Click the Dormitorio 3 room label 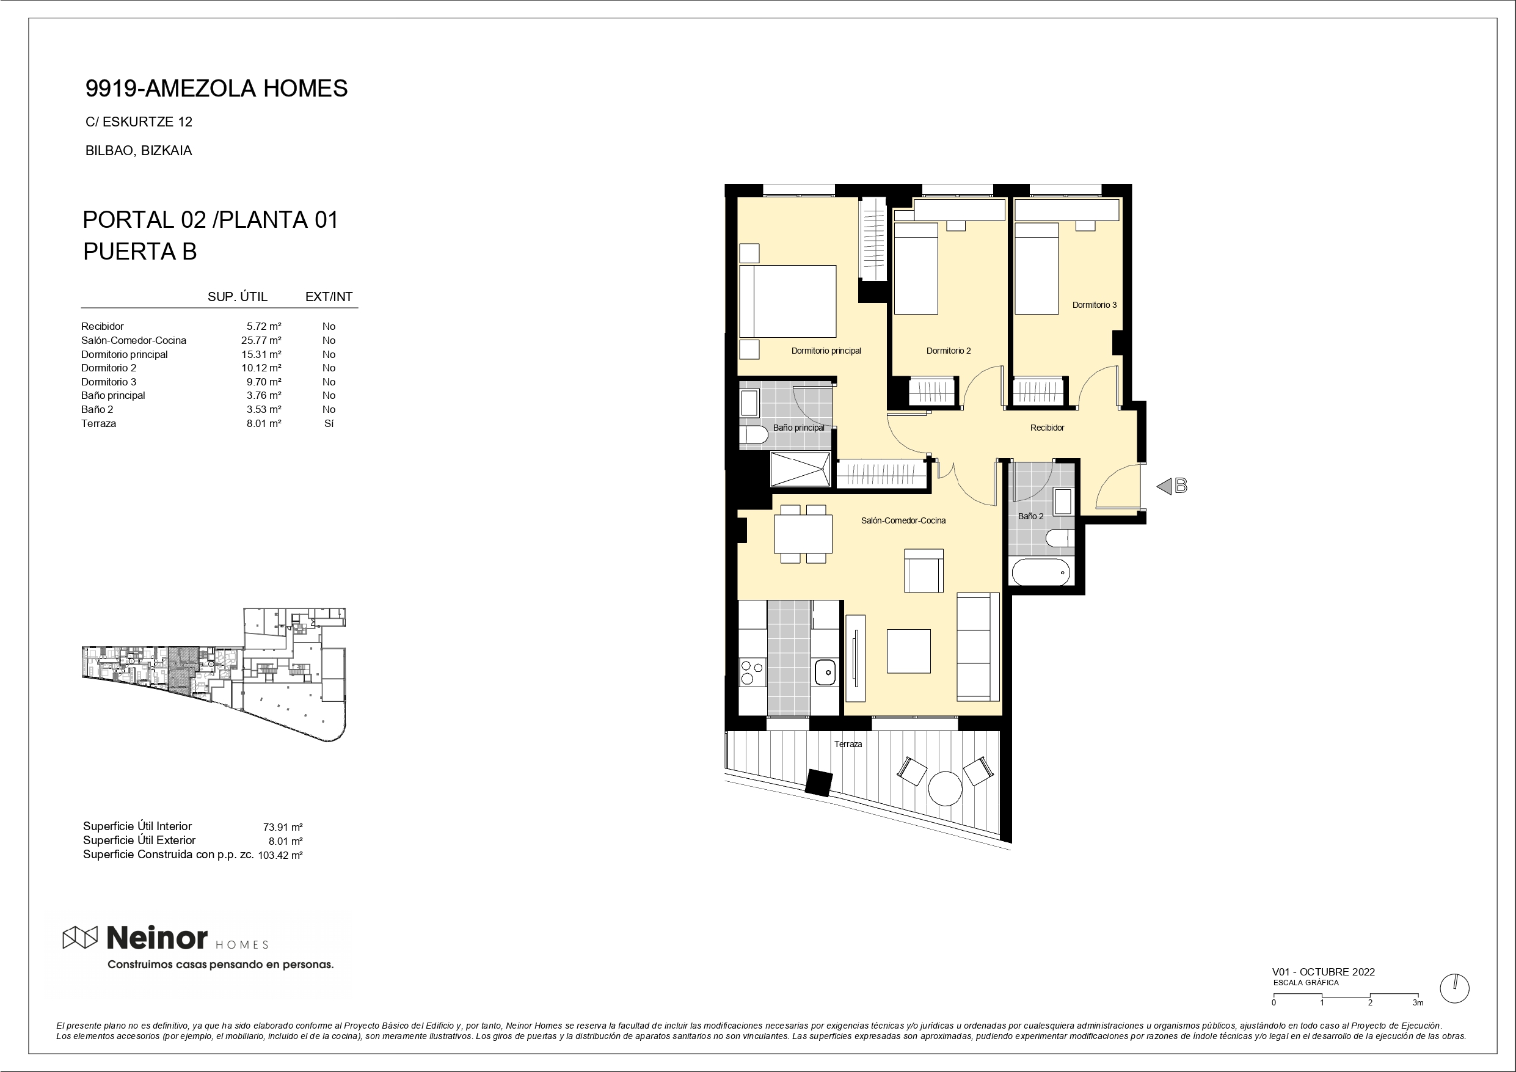coord(1094,305)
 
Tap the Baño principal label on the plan coord(798,428)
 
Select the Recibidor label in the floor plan coord(1047,428)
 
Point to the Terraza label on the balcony coord(848,745)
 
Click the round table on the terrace coord(945,788)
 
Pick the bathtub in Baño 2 coord(1041,572)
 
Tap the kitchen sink coord(825,673)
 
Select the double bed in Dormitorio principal coord(788,301)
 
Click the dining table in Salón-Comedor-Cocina coord(803,534)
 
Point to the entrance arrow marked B coord(1172,486)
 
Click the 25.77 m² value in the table coord(261,341)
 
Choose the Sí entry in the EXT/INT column coord(329,424)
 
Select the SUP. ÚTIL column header coord(238,297)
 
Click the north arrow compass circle coord(1454,989)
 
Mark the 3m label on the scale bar coord(1418,1002)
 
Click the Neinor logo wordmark coord(157,937)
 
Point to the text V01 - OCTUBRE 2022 coord(1323,972)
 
